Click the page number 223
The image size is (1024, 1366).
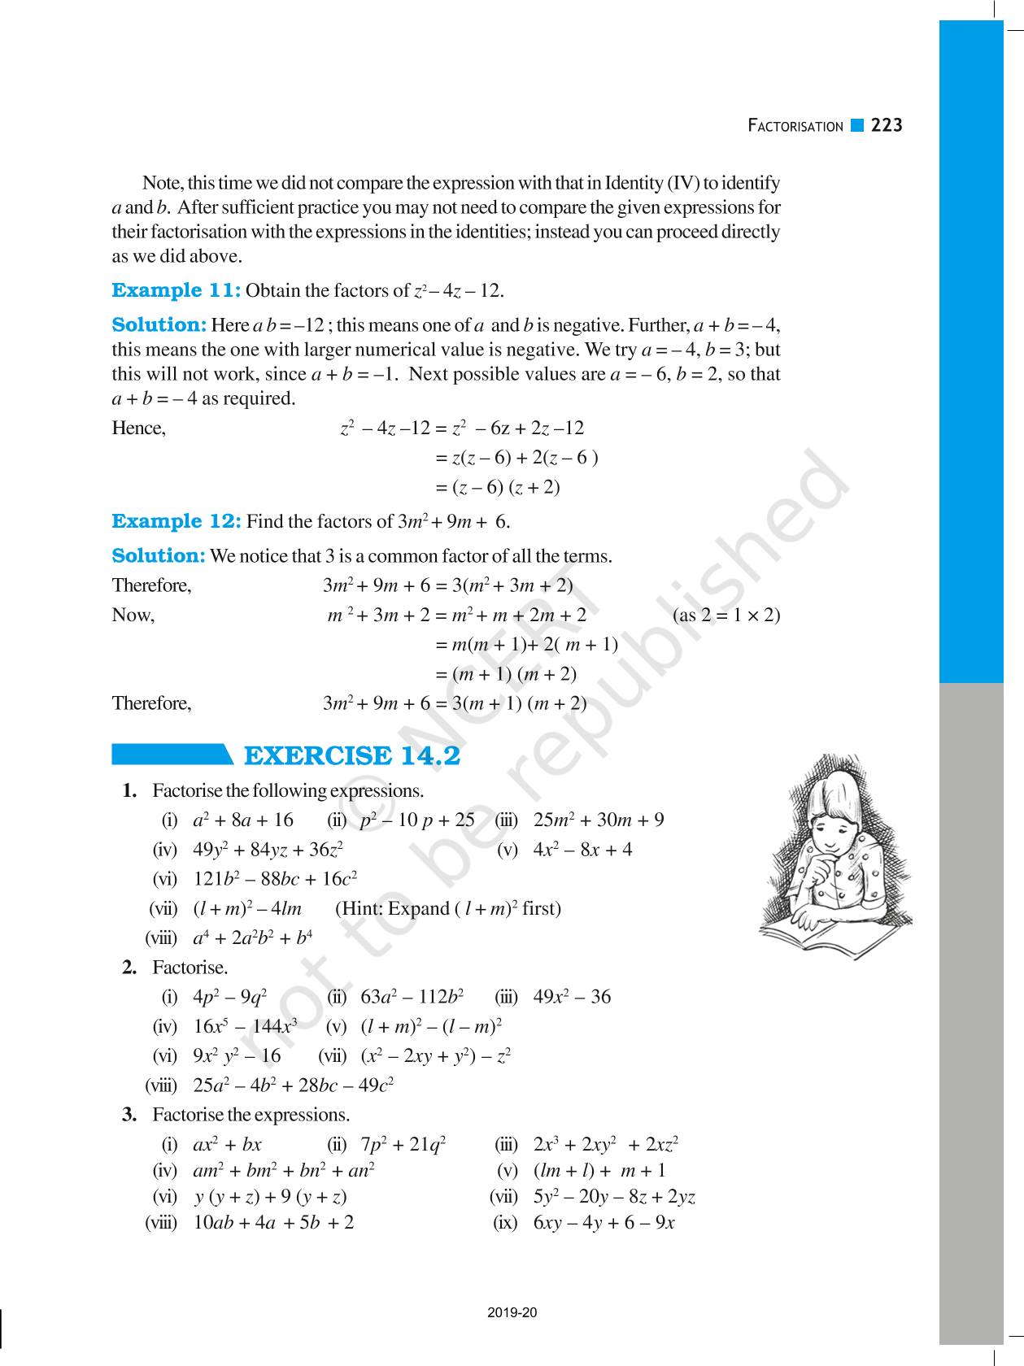pos(887,125)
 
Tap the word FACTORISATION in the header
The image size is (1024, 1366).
pos(795,126)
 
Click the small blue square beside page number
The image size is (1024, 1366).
pos(856,125)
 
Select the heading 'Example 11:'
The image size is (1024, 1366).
pos(176,290)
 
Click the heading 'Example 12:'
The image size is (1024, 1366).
pos(176,521)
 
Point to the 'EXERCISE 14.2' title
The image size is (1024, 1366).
pos(351,756)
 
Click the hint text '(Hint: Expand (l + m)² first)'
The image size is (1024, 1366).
pos(448,908)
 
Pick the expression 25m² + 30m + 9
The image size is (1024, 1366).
pos(599,820)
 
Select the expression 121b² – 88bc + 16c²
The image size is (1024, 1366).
pos(275,879)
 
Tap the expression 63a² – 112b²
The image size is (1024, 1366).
pos(412,997)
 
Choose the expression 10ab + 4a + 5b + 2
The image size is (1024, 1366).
pos(273,1222)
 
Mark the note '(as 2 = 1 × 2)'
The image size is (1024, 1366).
pos(726,615)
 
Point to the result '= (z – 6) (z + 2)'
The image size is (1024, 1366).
pos(498,487)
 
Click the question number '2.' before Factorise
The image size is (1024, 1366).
pos(129,968)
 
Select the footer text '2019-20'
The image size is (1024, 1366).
pos(512,1312)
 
